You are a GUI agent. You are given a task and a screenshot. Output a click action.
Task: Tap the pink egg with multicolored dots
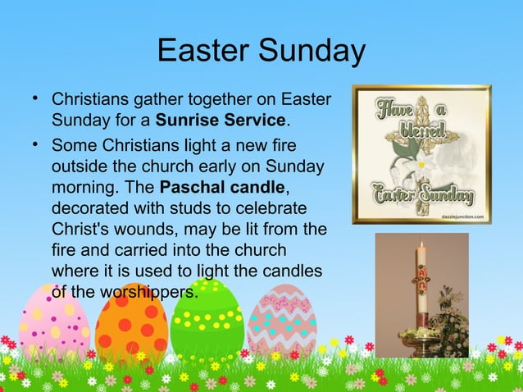point(54,321)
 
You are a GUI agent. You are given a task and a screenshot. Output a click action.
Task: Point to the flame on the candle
point(421,244)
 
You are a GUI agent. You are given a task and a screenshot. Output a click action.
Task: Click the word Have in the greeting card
point(395,107)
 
